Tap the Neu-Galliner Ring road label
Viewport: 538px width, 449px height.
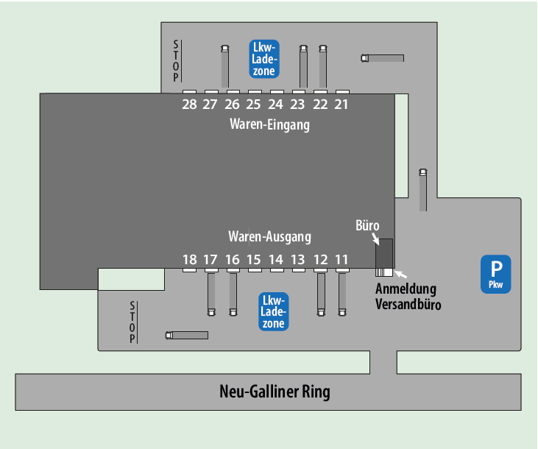click(x=275, y=392)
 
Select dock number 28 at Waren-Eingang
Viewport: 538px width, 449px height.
click(x=189, y=105)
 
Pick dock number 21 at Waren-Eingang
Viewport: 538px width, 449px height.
click(x=341, y=105)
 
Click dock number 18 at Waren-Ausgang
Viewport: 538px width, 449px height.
click(x=189, y=259)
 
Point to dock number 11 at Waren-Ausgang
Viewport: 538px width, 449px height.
click(x=341, y=259)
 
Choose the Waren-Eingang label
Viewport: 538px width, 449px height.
click(x=269, y=124)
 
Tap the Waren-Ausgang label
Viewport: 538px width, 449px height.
click(x=269, y=237)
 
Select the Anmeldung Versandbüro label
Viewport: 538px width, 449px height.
click(x=407, y=296)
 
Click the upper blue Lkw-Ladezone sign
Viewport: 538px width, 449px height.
click(x=263, y=58)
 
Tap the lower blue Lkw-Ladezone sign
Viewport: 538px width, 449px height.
click(x=274, y=311)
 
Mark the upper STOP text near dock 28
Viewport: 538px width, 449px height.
click(x=176, y=61)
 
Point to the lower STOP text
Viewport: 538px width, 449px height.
click(x=132, y=322)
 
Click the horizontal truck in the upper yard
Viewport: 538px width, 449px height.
click(x=383, y=58)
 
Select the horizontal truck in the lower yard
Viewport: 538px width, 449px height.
click(x=187, y=335)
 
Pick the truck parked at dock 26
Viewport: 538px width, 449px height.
click(x=225, y=68)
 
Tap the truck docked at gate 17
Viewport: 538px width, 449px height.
click(x=211, y=293)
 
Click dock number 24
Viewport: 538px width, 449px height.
click(x=276, y=105)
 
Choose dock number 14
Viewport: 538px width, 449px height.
click(x=276, y=259)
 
